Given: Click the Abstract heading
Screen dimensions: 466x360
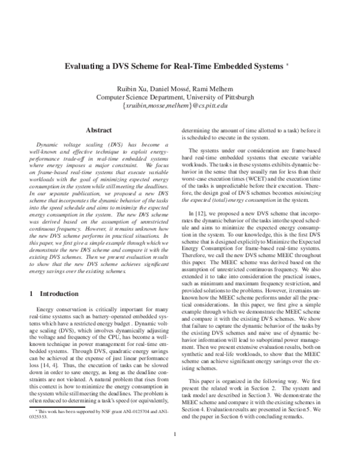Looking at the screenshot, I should [99, 130].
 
